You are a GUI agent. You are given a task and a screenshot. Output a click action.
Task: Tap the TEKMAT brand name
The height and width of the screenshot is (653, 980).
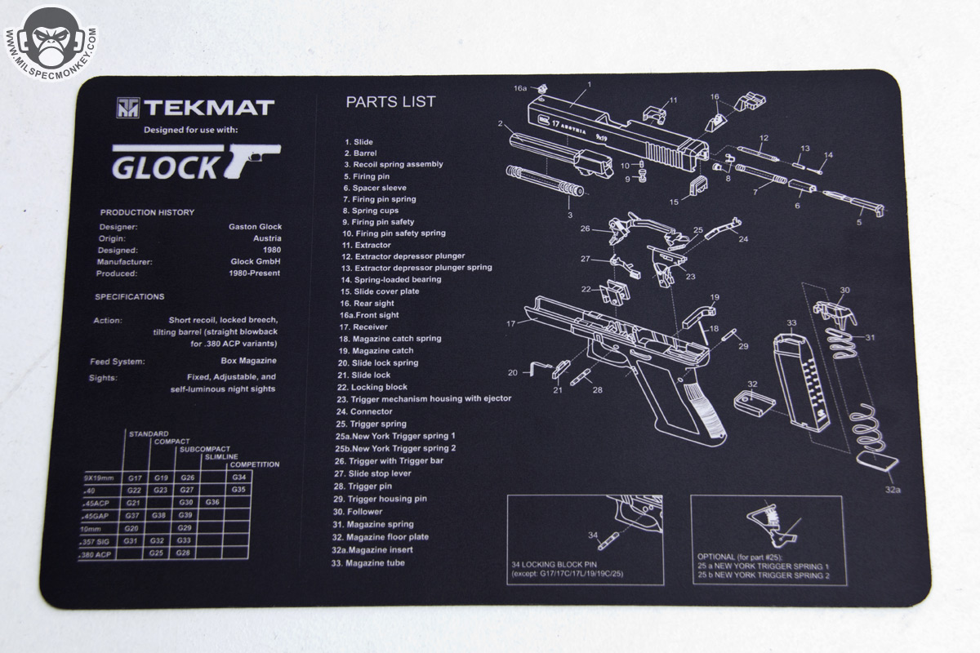(x=209, y=108)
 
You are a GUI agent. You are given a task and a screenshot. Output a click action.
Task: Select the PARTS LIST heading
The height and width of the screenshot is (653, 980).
(x=390, y=102)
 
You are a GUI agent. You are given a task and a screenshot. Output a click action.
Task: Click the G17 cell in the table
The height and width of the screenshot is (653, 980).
(x=135, y=477)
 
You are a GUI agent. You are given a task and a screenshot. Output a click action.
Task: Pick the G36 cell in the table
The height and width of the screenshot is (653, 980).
(x=213, y=502)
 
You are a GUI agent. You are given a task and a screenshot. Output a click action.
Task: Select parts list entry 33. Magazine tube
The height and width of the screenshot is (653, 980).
(x=375, y=563)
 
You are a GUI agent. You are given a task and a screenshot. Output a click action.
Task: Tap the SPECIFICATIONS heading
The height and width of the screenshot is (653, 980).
(x=129, y=297)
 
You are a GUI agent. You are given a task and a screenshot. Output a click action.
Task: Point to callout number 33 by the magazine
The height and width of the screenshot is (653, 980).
(x=791, y=323)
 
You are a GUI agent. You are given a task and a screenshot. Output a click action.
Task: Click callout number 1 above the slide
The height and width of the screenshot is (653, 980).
(x=589, y=84)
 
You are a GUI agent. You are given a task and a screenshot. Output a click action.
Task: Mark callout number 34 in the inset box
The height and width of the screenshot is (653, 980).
(x=593, y=535)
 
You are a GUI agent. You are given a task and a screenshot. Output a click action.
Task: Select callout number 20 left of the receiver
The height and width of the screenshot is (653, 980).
(x=513, y=372)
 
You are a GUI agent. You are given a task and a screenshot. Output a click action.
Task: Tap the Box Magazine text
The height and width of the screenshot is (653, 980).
(x=248, y=361)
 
